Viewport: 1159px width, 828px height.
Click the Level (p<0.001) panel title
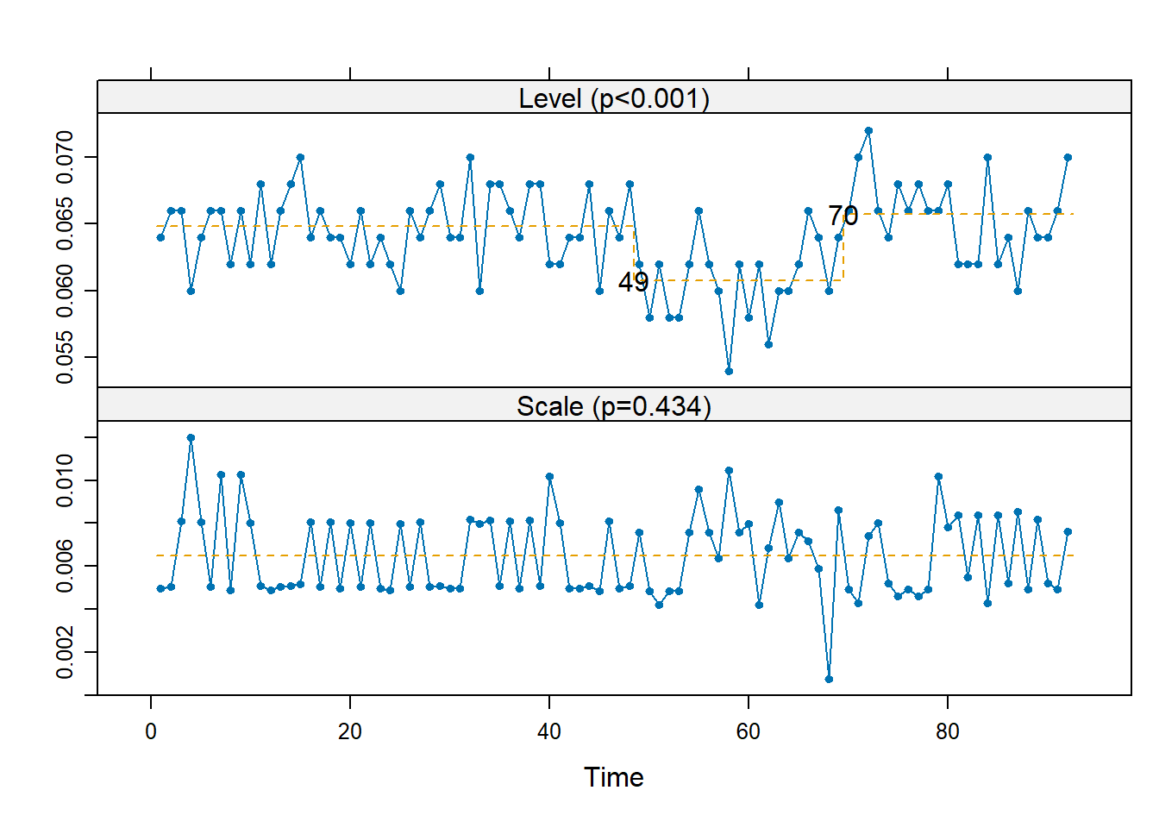[614, 98]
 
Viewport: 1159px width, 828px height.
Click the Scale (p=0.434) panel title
[614, 405]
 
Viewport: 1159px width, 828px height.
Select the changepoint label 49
[633, 282]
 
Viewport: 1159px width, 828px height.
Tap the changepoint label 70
[843, 216]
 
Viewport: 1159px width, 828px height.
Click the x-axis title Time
[614, 777]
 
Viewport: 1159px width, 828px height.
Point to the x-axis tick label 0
[151, 732]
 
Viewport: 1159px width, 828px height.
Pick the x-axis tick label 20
[350, 732]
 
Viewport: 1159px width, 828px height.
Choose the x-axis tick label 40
[549, 732]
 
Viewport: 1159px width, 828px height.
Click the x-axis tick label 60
[749, 732]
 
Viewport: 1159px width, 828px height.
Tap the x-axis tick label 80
[948, 732]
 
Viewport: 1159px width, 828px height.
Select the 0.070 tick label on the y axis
[66, 157]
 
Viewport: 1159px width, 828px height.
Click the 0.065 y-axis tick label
[66, 224]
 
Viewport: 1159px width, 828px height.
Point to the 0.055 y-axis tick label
[66, 358]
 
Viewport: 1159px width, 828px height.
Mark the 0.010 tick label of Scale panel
[66, 480]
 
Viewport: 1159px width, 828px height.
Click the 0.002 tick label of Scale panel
[66, 653]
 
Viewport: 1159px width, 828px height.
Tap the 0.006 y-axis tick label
[66, 567]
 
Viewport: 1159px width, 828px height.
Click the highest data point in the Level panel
[868, 131]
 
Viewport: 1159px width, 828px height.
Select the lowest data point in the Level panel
[729, 371]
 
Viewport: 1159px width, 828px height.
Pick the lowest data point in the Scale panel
[829, 679]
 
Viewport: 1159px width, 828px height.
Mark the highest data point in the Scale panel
[191, 438]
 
